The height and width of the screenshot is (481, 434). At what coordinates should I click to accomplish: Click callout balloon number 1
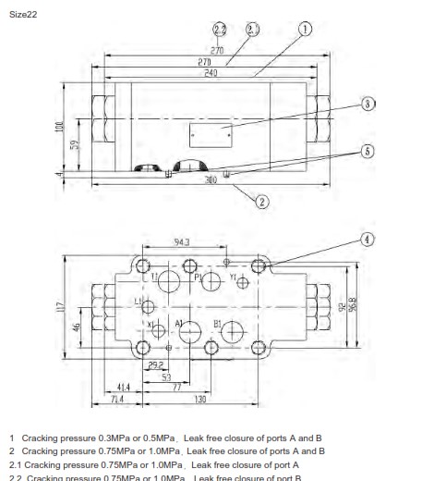pos(306,30)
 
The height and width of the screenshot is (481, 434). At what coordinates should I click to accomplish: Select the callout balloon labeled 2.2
pos(220,30)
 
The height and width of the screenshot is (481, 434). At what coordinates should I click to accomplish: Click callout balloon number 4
pos(367,239)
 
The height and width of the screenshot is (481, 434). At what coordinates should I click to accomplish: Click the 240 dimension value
pos(210,72)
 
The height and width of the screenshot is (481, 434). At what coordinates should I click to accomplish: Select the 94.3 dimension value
pos(182,241)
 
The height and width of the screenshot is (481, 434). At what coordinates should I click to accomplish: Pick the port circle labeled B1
pos(231,331)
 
